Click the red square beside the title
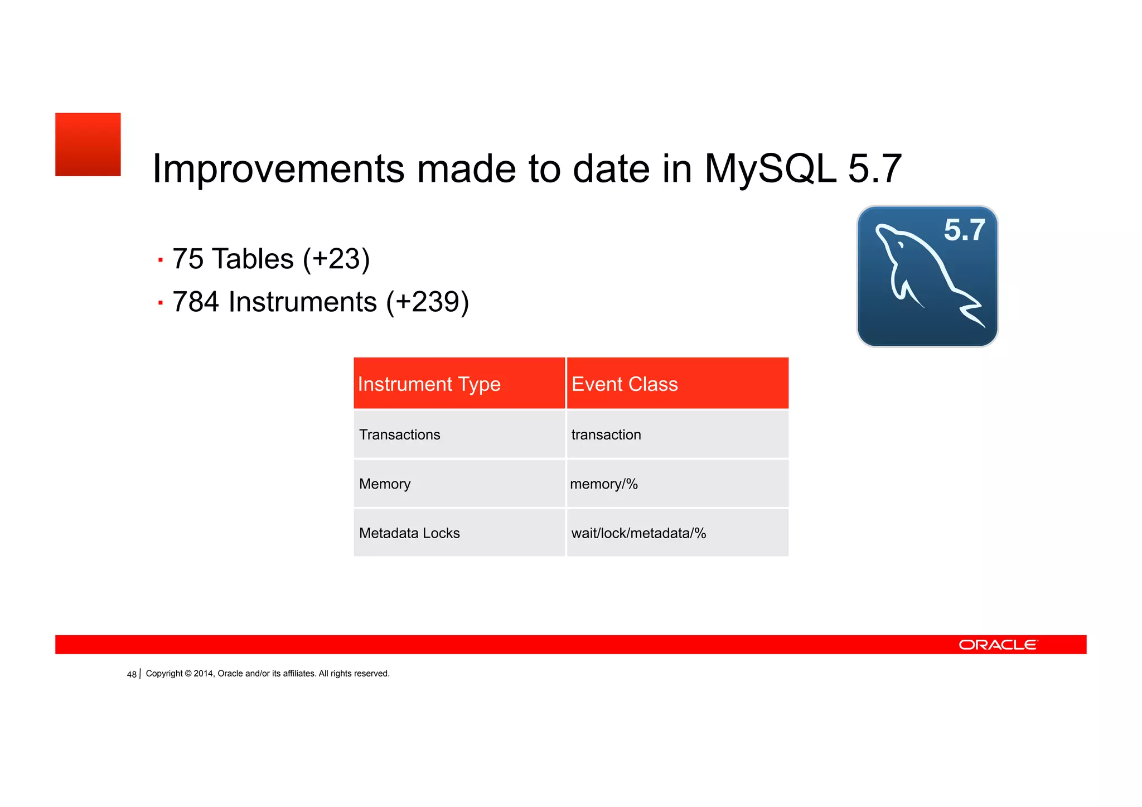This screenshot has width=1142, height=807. click(x=88, y=144)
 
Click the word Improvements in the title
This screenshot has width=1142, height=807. click(x=278, y=169)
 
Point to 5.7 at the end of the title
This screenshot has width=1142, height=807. click(x=874, y=169)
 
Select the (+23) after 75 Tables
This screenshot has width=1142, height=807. click(x=336, y=259)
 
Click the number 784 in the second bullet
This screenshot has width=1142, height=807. click(x=196, y=302)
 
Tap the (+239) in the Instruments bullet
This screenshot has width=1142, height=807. click(x=428, y=302)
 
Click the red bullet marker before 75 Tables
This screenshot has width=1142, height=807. click(x=161, y=260)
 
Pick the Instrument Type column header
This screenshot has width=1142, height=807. click(x=429, y=384)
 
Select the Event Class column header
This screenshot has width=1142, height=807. click(x=625, y=384)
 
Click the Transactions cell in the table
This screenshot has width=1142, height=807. click(x=400, y=435)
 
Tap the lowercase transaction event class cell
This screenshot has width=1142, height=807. click(x=606, y=435)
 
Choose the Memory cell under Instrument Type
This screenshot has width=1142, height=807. click(x=385, y=484)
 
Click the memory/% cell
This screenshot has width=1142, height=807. click(x=604, y=484)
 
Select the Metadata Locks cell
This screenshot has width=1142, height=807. click(x=409, y=533)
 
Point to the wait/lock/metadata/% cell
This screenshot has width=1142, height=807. click(x=638, y=533)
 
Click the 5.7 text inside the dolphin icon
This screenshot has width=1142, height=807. click(x=964, y=230)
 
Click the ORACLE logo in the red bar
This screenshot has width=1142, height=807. click(x=998, y=645)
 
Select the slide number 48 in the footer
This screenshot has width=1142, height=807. click(x=132, y=674)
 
